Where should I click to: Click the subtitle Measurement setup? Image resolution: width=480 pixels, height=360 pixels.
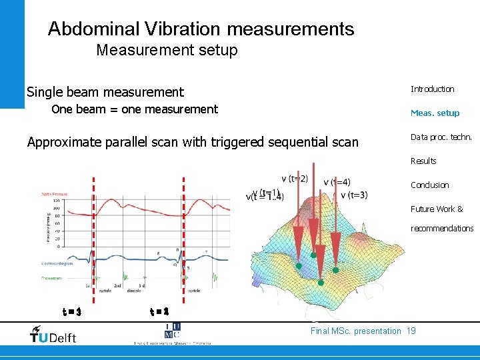pyautogui.click(x=167, y=50)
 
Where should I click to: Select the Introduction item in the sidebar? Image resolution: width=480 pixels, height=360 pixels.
pyautogui.click(x=432, y=89)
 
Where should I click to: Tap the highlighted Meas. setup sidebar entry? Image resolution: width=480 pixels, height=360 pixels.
pyautogui.click(x=435, y=113)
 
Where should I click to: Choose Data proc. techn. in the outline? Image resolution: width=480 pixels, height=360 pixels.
pyautogui.click(x=441, y=137)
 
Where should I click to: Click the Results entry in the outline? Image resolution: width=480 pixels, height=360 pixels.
pyautogui.click(x=423, y=161)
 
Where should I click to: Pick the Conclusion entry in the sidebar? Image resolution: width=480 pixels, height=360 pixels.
pyautogui.click(x=429, y=185)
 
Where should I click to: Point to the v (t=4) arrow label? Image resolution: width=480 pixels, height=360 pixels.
pyautogui.click(x=336, y=183)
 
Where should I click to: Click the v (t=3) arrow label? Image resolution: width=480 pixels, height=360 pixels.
pyautogui.click(x=353, y=195)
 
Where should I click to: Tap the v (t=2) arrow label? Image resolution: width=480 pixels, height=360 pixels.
pyautogui.click(x=294, y=179)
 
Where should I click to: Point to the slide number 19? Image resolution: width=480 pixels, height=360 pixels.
pyautogui.click(x=411, y=331)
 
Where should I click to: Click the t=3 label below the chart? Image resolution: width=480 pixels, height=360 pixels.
pyautogui.click(x=71, y=311)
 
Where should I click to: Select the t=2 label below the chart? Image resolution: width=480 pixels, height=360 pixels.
pyautogui.click(x=159, y=311)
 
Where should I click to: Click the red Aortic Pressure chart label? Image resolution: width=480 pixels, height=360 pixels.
pyautogui.click(x=53, y=194)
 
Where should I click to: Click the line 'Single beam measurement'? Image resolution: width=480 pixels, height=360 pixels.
pyautogui.click(x=105, y=92)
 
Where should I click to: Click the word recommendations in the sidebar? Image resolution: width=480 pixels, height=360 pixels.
pyautogui.click(x=442, y=229)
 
